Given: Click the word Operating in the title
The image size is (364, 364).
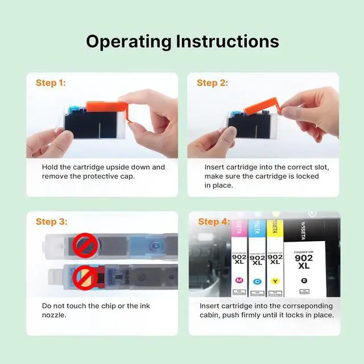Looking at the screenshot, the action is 129,42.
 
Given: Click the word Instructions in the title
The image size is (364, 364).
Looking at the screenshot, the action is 227,42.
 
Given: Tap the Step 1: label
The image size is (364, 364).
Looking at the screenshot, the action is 51,83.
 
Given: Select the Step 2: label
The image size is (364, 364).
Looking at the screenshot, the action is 212,83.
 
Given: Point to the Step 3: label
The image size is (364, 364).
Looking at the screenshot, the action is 52,221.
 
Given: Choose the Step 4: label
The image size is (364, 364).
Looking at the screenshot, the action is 214,221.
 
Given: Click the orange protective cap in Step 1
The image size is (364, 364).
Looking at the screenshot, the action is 107,109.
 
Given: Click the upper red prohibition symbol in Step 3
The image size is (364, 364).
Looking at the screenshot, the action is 85,245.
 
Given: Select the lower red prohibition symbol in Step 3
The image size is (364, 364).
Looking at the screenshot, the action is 85,278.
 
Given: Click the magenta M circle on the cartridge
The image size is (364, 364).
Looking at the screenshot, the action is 239,280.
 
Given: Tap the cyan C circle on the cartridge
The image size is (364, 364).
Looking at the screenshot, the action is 257,282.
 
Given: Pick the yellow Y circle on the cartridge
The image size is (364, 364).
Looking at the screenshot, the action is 275,281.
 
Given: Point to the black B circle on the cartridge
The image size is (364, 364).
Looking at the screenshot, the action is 304,280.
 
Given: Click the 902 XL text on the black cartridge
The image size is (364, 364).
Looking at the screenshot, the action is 304,262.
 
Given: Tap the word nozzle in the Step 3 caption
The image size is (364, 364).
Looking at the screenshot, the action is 54,315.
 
